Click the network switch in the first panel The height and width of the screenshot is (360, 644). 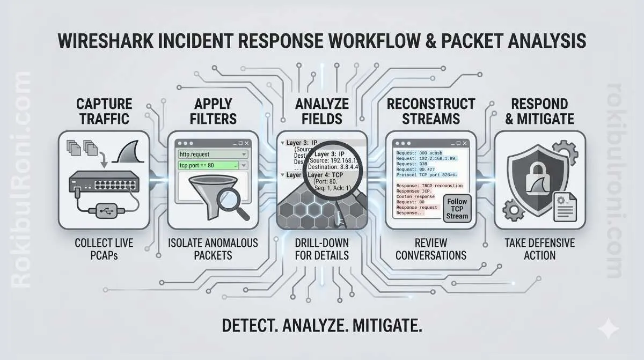[104, 185]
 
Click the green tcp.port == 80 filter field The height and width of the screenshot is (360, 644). [212, 166]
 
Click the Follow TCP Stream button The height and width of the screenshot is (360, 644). [457, 208]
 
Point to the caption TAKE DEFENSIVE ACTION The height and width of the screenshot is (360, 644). [539, 249]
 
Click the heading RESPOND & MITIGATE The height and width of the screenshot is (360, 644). [539, 111]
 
